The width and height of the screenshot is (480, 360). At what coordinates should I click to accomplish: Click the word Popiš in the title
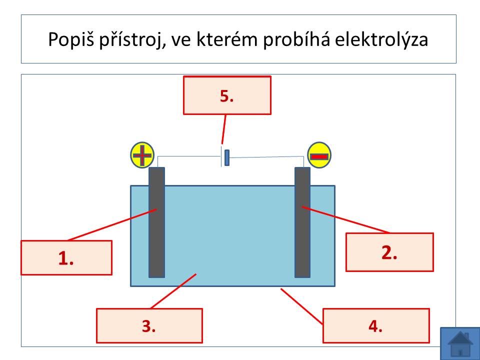[71, 40]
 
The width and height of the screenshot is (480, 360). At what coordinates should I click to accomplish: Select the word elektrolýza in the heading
[381, 40]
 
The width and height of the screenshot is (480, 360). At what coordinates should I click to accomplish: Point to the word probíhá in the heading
[296, 40]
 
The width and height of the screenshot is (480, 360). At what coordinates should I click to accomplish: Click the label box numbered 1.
[66, 258]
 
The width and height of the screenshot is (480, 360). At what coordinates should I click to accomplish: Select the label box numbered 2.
[389, 252]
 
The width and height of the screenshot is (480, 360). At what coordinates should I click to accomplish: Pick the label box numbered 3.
[149, 325]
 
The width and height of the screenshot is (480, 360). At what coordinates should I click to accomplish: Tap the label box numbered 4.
[376, 325]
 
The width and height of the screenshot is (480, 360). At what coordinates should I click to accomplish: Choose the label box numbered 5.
[227, 95]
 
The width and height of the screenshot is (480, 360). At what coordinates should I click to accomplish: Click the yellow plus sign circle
[142, 155]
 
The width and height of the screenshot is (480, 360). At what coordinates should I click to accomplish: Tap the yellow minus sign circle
[319, 155]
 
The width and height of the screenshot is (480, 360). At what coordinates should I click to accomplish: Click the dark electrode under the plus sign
[156, 222]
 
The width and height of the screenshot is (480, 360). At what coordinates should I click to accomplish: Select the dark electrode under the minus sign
[302, 222]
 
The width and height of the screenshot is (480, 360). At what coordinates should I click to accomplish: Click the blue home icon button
[460, 343]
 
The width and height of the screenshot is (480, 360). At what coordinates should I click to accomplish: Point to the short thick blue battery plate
[227, 157]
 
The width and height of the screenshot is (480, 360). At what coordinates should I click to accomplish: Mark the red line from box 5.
[224, 129]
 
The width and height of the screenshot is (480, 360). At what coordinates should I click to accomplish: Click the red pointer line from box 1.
[112, 224]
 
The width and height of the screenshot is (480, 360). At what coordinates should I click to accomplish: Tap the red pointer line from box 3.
[173, 291]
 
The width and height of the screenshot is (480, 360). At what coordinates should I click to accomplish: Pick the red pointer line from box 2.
[346, 220]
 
